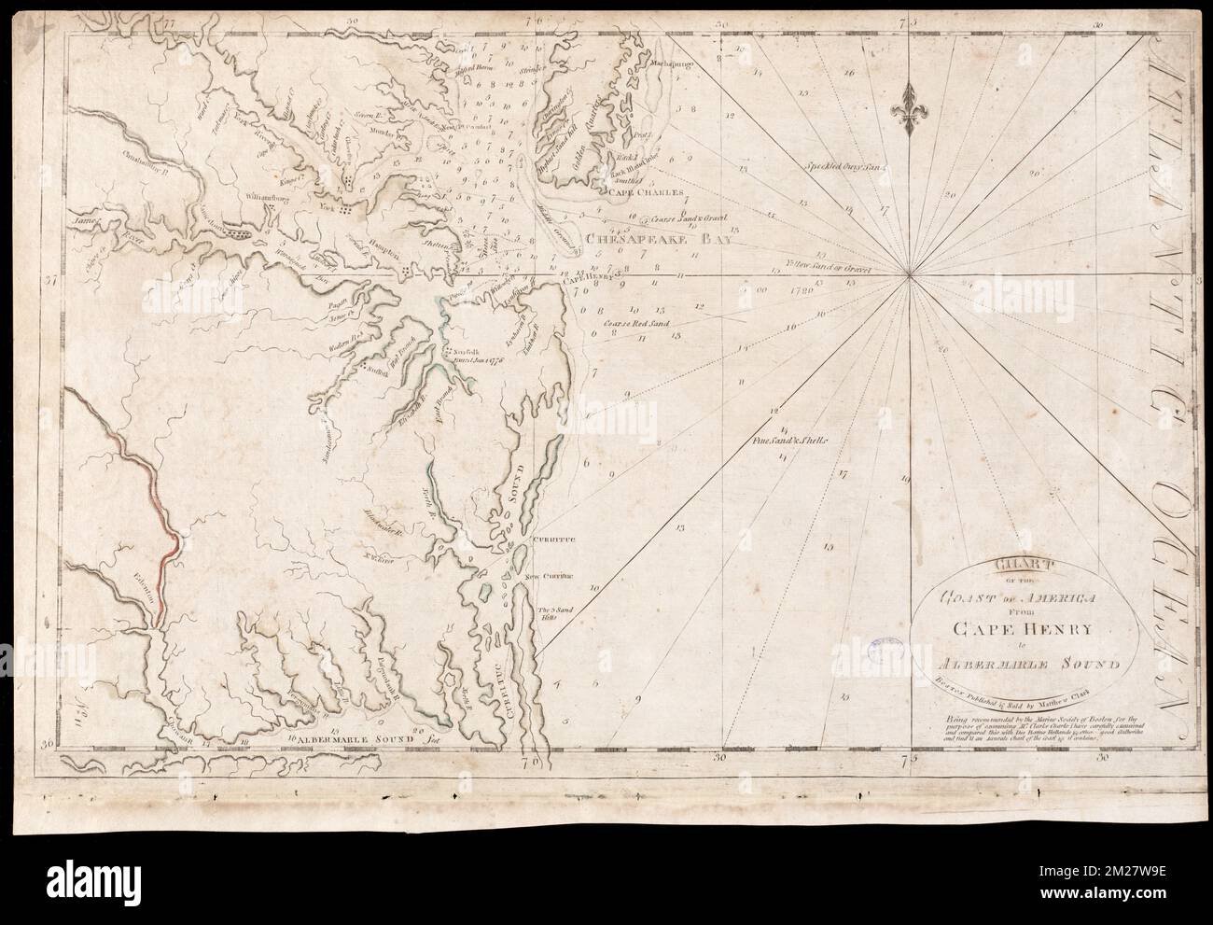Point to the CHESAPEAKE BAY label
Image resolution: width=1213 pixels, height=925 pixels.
655,239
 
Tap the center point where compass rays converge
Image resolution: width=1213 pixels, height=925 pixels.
912,274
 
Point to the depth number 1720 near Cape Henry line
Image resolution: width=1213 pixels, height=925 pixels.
801,290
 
